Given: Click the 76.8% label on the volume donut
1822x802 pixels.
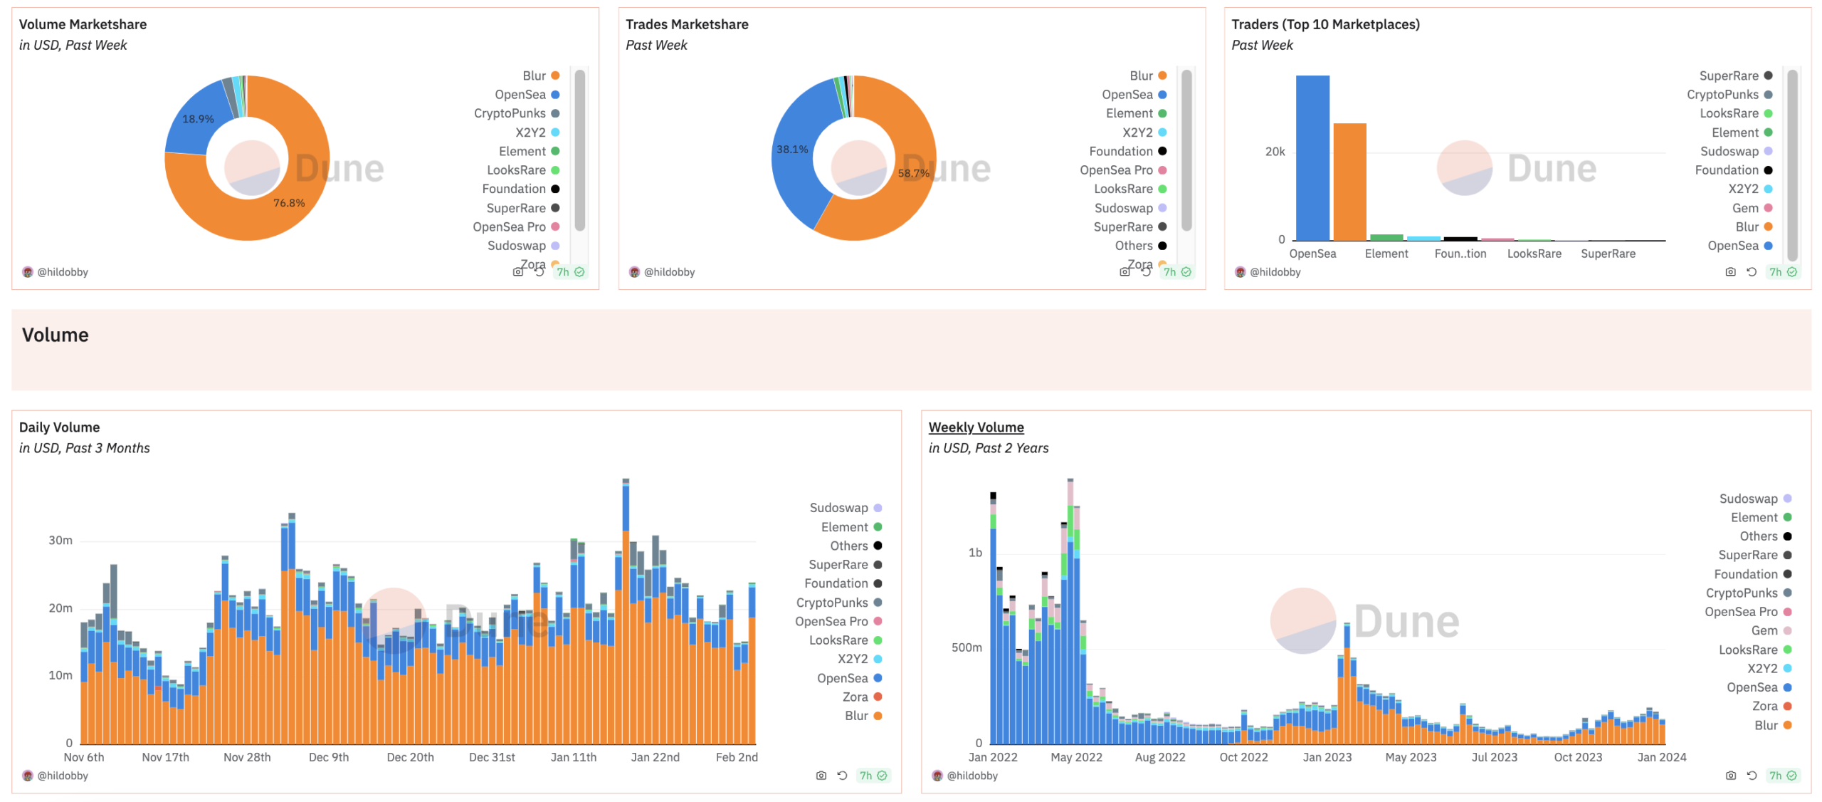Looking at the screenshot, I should click(288, 203).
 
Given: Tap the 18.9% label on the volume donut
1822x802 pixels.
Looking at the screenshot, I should click(198, 119).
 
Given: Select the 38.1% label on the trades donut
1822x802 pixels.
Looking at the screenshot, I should click(791, 150).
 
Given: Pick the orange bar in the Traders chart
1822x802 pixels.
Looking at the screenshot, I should click(1349, 182).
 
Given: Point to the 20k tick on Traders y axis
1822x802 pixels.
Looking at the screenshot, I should click(1275, 152).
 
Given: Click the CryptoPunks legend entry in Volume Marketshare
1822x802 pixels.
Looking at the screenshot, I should click(510, 113).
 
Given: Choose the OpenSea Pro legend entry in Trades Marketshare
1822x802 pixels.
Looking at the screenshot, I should click(1115, 170).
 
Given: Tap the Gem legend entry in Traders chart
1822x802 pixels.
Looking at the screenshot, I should click(1744, 208).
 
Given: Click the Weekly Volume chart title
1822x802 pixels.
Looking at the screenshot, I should click(976, 427).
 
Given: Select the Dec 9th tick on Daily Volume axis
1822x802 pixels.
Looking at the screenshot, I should click(328, 757).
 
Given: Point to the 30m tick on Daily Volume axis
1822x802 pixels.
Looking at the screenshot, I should click(60, 541).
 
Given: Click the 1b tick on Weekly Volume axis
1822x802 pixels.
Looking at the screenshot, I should click(974, 553).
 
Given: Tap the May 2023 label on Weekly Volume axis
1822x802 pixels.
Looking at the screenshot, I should click(1410, 757).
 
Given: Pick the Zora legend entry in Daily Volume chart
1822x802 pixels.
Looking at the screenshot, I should click(855, 697).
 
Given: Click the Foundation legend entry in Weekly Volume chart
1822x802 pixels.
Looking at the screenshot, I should click(1745, 574).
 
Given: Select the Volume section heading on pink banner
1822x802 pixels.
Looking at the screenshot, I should click(56, 335).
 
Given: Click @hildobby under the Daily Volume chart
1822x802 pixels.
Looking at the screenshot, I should click(63, 776).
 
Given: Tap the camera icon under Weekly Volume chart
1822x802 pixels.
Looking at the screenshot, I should click(1729, 776).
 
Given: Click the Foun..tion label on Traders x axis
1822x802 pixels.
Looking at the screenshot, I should click(1460, 254).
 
